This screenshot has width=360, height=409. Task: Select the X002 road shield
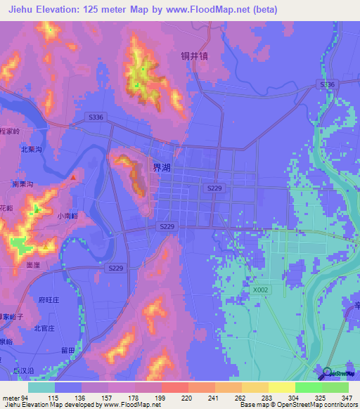[260, 289]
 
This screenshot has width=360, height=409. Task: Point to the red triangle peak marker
[73, 177]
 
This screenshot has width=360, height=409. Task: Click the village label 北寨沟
[32, 149]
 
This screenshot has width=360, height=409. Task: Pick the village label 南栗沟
[23, 184]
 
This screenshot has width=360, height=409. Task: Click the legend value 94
[27, 398]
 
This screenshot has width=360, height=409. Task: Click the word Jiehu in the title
[22, 10]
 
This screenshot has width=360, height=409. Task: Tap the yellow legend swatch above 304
[281, 387]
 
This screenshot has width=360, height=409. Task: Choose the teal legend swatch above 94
[41, 387]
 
